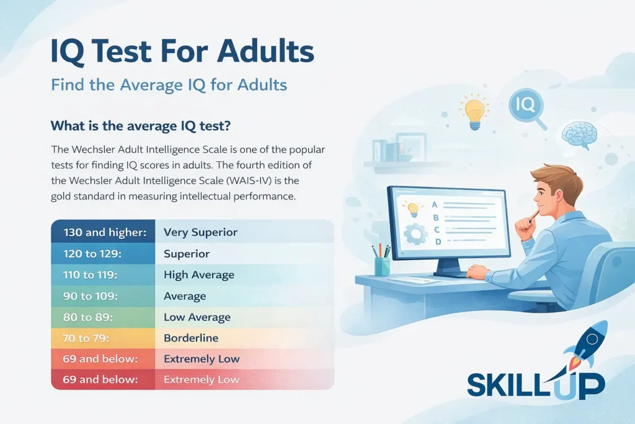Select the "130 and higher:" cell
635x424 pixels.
tap(104, 232)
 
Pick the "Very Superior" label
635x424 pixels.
tap(200, 232)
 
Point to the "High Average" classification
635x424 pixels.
tap(198, 274)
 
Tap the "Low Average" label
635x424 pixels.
tap(197, 317)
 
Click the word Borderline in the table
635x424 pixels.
tap(191, 338)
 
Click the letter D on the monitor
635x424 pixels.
tap(438, 241)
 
